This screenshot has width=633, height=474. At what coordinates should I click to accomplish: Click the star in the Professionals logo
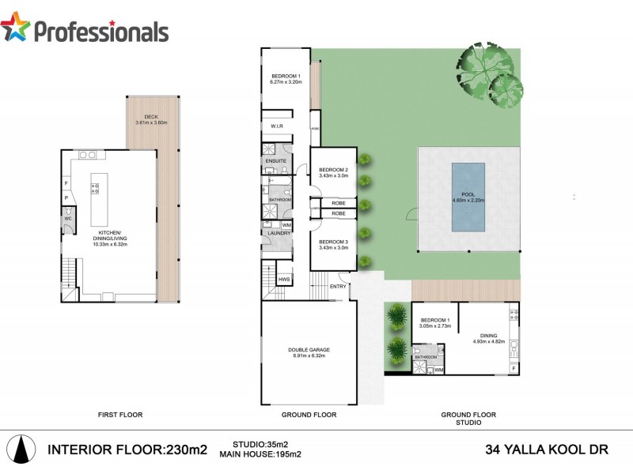(x=15, y=28)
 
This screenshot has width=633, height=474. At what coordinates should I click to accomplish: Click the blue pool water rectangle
(x=468, y=197)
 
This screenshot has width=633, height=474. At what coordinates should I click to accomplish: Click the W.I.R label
(x=277, y=127)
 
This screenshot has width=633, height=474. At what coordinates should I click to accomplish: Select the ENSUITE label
(x=275, y=160)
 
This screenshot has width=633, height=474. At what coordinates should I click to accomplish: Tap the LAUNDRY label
(x=279, y=233)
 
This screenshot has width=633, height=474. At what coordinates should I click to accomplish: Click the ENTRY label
(x=338, y=286)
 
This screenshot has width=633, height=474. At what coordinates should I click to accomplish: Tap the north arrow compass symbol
(x=25, y=450)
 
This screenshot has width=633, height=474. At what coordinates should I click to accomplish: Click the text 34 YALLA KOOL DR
(x=545, y=450)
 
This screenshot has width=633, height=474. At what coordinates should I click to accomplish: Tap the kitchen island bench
(x=99, y=200)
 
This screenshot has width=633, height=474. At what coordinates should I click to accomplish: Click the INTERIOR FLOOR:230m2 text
(x=127, y=450)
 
